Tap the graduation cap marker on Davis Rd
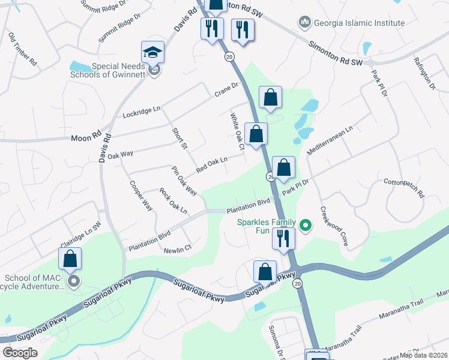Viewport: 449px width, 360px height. point(152,53)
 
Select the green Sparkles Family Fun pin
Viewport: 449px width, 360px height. point(306,226)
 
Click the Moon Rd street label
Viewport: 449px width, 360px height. point(88,137)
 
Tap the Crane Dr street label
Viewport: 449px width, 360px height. point(228,92)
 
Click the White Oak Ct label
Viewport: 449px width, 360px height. point(235,130)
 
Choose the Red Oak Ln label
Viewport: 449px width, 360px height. point(212,164)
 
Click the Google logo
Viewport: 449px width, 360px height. point(20,353)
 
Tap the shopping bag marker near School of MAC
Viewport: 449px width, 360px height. point(70,259)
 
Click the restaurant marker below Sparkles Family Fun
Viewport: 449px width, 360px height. point(283,238)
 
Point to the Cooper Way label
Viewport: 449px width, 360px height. point(141,195)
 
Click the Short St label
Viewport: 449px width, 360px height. point(179,139)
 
